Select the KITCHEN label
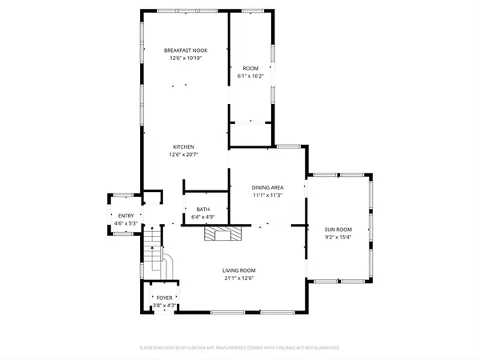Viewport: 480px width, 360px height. (x=183, y=146)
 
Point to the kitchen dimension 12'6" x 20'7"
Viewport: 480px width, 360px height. (x=183, y=154)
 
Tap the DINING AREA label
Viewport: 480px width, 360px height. (x=268, y=187)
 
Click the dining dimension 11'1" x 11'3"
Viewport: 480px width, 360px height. (x=268, y=195)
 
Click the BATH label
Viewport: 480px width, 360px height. (x=203, y=209)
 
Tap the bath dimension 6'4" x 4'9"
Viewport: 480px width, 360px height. (x=203, y=217)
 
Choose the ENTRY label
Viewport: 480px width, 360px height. (x=126, y=216)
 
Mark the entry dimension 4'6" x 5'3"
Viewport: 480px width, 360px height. (x=126, y=224)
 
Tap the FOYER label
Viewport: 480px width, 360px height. (x=164, y=298)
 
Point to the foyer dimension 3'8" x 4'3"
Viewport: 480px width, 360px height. (x=164, y=306)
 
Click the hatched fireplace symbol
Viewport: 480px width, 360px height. (x=221, y=233)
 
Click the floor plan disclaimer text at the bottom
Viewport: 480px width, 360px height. (x=240, y=348)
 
